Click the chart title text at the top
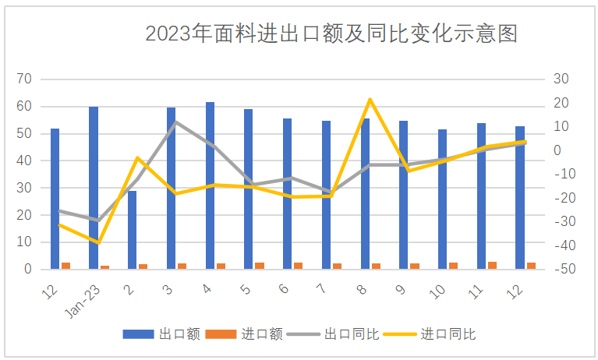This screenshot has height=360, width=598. tap(331, 34)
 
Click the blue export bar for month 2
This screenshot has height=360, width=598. tap(133, 230)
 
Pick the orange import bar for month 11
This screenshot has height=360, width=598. tap(492, 266)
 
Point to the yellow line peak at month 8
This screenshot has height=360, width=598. tap(370, 99)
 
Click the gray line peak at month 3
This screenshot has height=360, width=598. tap(176, 122)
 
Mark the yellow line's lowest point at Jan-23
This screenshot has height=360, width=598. tap(99, 243)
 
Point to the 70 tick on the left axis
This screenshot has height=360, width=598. tap(24, 79)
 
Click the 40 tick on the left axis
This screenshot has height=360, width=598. tap(24, 161)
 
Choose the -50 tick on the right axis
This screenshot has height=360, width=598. tap(563, 270)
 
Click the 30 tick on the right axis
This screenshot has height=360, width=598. tap(562, 79)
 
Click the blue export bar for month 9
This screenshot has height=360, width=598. tap(404, 195)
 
